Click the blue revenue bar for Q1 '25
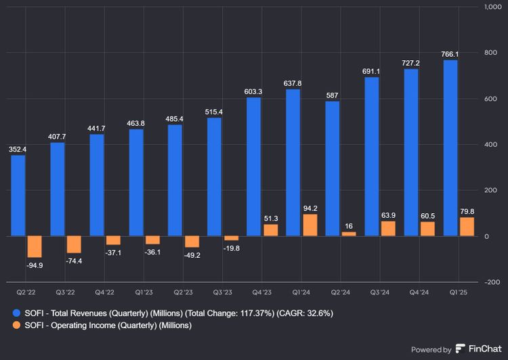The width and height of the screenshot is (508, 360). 450,148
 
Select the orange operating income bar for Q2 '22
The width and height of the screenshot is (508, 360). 35,246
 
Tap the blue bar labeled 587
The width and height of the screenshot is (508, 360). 332,168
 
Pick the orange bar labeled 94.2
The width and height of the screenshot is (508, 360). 310,225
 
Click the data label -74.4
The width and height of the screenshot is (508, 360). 74,261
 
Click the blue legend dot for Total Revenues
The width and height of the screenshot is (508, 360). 17,313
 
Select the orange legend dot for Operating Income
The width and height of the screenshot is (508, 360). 17,325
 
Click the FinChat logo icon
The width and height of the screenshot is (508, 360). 461,349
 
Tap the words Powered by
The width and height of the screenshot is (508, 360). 431,350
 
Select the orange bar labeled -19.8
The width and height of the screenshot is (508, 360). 232,238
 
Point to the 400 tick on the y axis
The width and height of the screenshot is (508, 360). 490,145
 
